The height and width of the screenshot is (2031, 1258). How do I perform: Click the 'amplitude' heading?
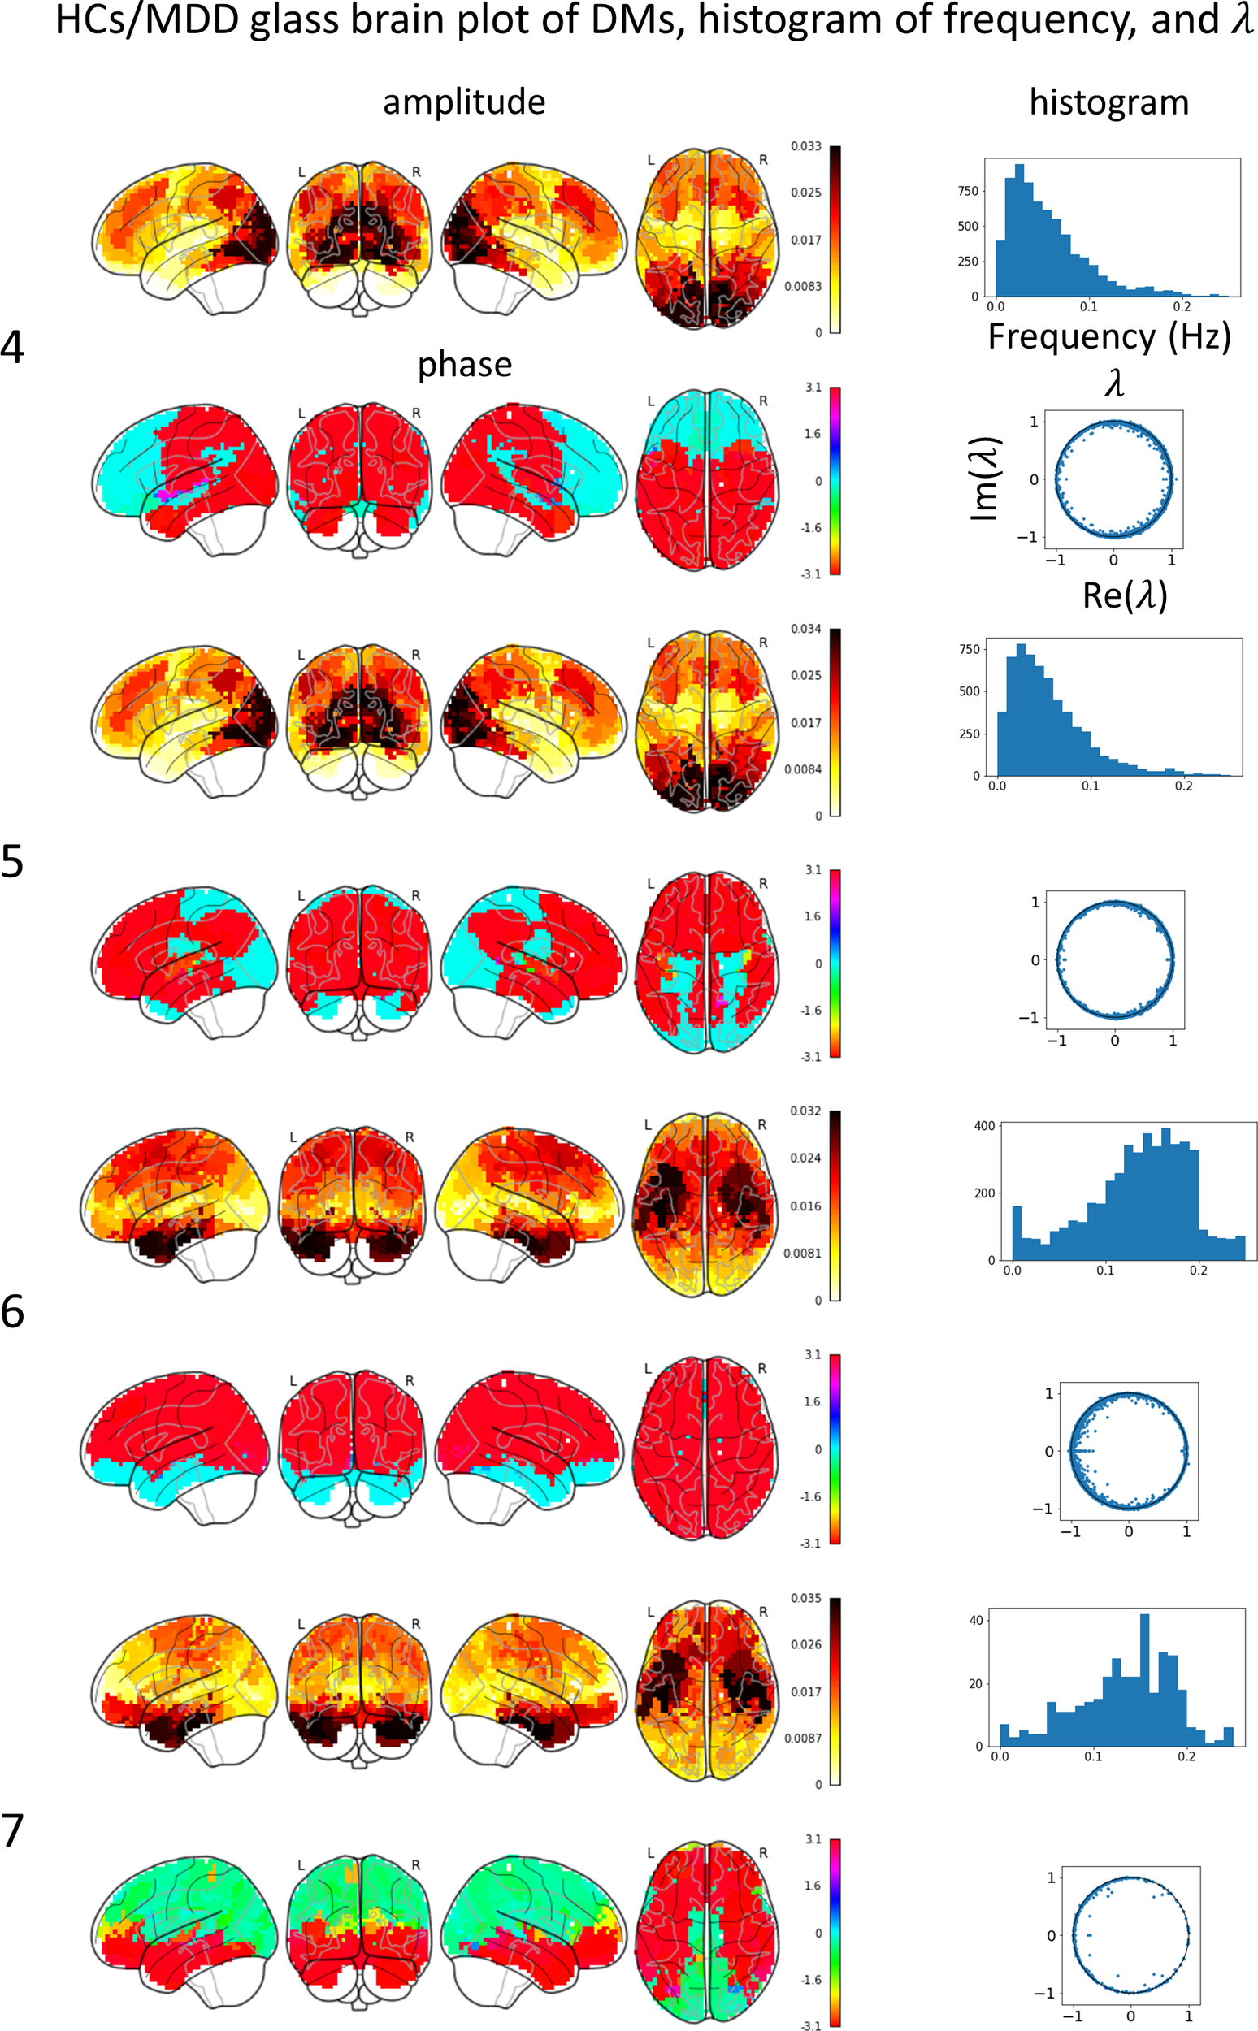(x=463, y=102)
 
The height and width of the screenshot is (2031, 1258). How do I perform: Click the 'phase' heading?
(x=464, y=364)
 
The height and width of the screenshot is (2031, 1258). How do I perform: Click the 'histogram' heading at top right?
(x=1108, y=102)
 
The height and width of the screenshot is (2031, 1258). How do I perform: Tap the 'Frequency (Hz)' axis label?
(x=1108, y=337)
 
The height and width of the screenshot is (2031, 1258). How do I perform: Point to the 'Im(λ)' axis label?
(x=985, y=479)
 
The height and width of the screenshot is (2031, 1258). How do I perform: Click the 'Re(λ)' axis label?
(x=1124, y=595)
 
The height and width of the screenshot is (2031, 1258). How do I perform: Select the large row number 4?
(x=12, y=347)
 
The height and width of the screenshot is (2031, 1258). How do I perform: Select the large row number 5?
(x=12, y=863)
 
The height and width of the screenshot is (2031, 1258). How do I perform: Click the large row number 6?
(x=12, y=1311)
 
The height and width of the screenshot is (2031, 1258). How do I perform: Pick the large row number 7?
(x=12, y=1830)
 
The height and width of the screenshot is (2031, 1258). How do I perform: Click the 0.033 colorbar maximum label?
(x=805, y=146)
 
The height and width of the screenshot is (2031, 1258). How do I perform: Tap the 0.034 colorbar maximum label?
(x=805, y=629)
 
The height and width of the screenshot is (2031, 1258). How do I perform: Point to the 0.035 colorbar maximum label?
(x=805, y=1598)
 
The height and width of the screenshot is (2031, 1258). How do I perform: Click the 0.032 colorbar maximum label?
(x=805, y=1111)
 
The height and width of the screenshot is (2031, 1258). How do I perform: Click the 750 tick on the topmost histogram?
(x=968, y=190)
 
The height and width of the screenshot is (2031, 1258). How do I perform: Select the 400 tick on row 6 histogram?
(x=984, y=1125)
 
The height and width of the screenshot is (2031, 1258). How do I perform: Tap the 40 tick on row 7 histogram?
(x=976, y=1620)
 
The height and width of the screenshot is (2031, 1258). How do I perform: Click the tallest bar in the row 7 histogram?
(x=1144, y=1680)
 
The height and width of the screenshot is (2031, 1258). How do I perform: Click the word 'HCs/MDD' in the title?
(x=147, y=20)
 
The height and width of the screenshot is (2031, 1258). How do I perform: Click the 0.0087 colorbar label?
(x=803, y=1739)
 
